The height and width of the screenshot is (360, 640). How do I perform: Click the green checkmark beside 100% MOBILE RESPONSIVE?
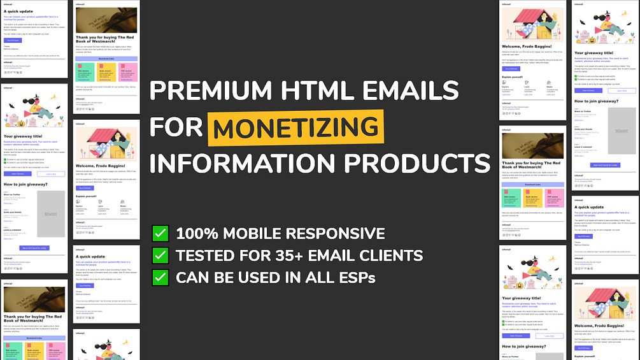click(160, 233)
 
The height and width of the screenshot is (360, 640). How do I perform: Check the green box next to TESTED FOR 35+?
click(160, 256)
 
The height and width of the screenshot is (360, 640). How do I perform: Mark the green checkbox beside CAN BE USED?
click(160, 278)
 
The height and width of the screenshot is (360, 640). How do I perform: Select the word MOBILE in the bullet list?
click(253, 233)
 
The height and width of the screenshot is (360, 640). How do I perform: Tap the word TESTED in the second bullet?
click(204, 256)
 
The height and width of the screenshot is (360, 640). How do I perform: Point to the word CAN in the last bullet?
click(191, 278)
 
